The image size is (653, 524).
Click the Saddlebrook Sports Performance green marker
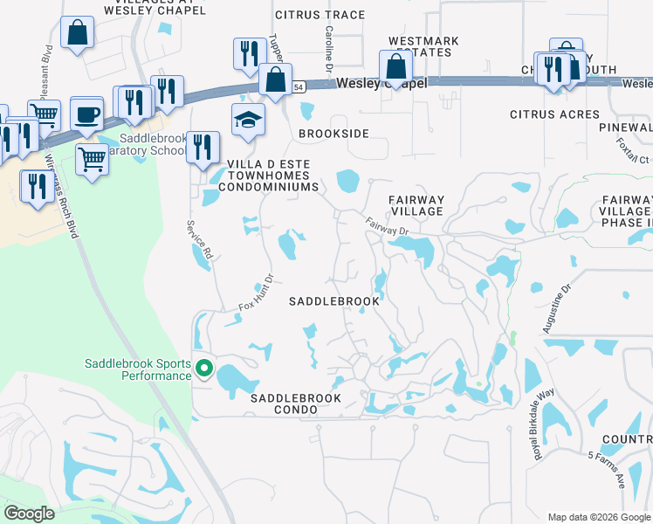tap(204, 369)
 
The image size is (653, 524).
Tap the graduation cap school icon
tap(248, 120)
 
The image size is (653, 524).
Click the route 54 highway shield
tap(299, 87)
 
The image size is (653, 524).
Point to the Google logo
tap(29, 514)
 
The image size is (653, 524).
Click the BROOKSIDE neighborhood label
tap(333, 134)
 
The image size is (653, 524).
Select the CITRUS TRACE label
tap(320, 15)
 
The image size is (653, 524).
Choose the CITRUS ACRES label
tap(555, 114)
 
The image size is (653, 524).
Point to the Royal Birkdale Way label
tap(546, 424)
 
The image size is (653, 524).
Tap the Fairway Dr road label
tap(387, 225)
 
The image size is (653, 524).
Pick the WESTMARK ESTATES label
tap(420, 46)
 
